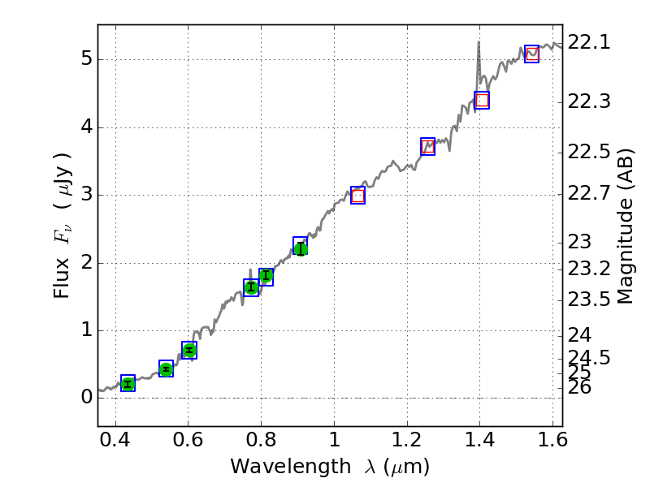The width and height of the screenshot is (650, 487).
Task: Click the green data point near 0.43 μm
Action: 128,384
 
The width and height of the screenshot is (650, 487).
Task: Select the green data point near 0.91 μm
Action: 300,248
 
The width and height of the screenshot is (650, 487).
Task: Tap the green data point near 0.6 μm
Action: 189,351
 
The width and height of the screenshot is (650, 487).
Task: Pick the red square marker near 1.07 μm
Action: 357,196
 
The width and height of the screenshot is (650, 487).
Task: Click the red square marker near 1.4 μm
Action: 482,101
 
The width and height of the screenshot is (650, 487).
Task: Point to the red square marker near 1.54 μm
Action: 532,54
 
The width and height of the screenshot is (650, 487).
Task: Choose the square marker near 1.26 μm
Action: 427,147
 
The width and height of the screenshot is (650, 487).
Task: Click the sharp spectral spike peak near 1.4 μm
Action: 479,42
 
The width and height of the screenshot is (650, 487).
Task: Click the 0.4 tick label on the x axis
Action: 115,444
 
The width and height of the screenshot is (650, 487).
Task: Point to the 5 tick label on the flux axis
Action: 84,60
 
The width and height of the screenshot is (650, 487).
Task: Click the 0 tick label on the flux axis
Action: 84,398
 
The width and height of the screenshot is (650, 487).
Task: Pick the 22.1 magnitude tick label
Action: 588,43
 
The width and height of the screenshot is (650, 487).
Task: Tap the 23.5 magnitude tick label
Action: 588,300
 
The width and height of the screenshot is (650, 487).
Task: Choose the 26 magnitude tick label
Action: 582,388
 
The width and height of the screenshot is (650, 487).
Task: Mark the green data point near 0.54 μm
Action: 166,369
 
